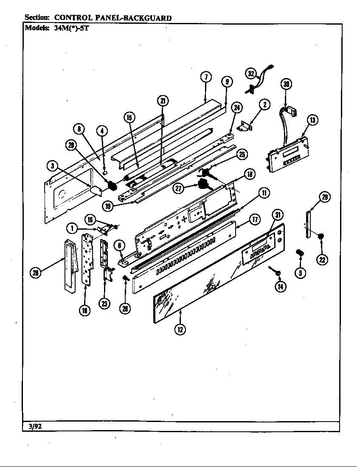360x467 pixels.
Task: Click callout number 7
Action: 205,77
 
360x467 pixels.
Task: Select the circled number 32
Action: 251,73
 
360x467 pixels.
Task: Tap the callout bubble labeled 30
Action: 287,84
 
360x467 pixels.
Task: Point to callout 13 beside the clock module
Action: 312,120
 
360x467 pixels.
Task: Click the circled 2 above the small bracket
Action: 264,104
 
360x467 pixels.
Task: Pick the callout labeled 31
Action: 278,215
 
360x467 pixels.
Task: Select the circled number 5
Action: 300,273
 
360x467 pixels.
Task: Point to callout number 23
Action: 104,303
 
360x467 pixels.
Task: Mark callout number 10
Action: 109,206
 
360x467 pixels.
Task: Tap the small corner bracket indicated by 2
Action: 245,126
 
